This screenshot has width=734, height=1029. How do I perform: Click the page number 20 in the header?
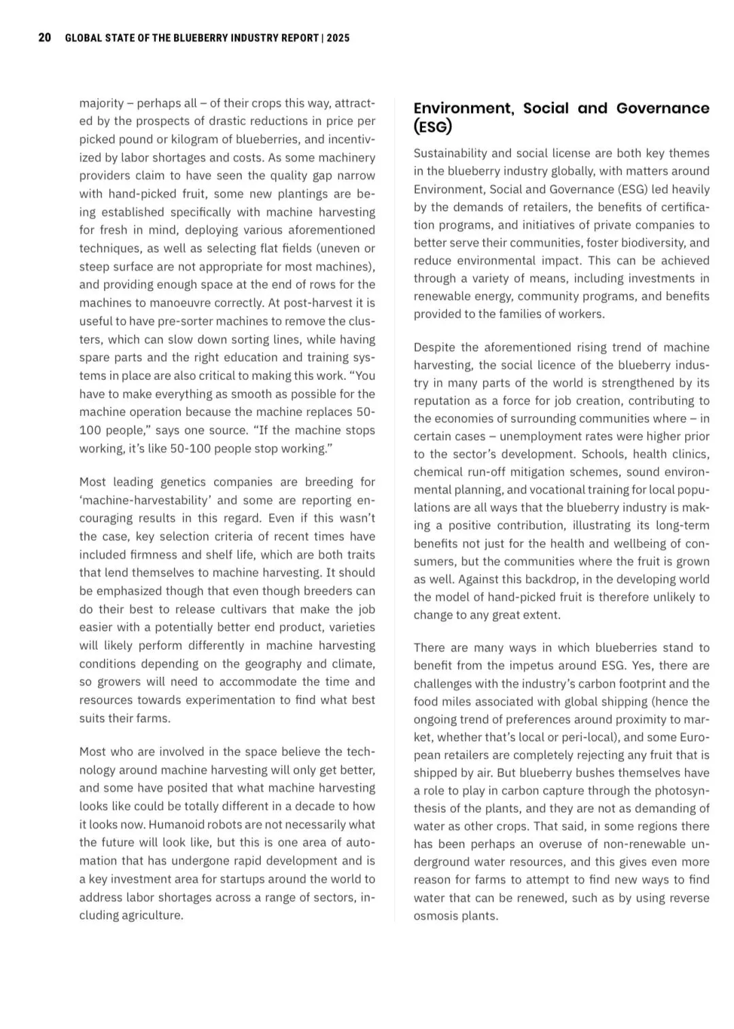[x=45, y=38]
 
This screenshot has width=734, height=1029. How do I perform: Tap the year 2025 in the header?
[x=338, y=38]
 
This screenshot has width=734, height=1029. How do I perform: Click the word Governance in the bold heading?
[x=663, y=108]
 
